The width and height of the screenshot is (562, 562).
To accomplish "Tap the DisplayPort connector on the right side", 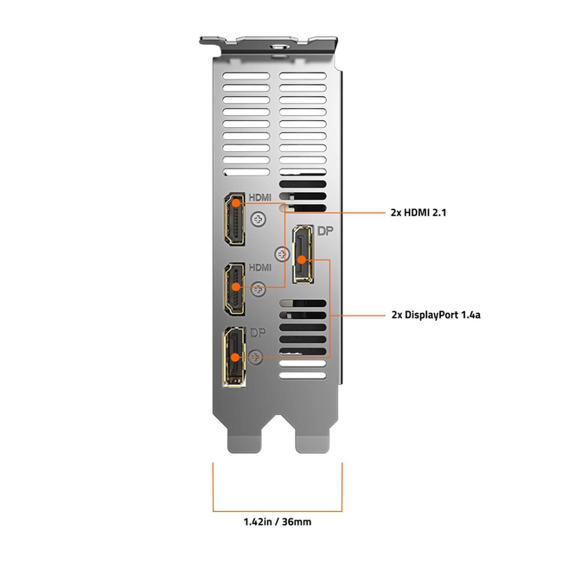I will pos(302,253).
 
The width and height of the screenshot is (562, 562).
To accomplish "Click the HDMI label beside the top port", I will pos(260,198).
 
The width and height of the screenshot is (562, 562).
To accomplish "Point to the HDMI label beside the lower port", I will pos(260,268).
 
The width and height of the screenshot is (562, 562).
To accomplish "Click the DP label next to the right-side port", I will pos(324,231).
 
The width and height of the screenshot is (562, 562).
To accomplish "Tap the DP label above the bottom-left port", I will pos(259,333).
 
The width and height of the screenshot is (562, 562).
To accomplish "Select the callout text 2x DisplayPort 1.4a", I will pos(435,316).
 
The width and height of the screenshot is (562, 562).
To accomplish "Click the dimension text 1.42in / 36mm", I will pos(278,521).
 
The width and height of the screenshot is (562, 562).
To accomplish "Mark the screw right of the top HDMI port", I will pos(257,220).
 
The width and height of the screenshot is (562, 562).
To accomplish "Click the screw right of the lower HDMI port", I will pos(257,291).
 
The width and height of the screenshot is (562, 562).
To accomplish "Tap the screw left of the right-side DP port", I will pos(279,254).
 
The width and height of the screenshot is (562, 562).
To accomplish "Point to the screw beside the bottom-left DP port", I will pos(254,356).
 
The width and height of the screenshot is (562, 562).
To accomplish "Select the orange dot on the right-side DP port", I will pos(299,258).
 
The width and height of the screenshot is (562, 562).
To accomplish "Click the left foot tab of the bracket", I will pos(244,441).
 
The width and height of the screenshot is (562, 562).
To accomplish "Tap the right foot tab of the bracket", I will pos(312,441).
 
